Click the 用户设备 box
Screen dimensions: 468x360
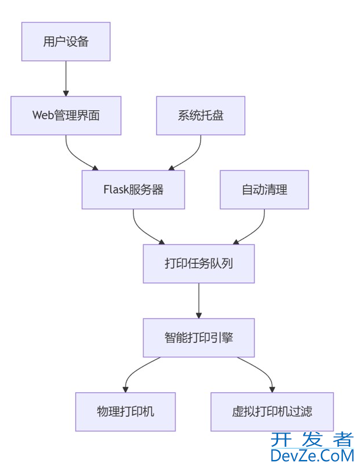(65, 41)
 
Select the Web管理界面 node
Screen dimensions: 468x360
(65, 115)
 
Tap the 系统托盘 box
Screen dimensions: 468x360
(201, 115)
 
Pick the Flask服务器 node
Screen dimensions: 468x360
(133, 189)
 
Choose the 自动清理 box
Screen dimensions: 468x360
(264, 189)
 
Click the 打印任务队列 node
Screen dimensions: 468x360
(198, 263)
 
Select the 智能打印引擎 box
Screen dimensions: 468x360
(198, 337)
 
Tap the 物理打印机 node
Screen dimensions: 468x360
(125, 411)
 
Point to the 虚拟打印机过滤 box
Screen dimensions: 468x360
(272, 411)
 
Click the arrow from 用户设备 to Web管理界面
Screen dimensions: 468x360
(65, 78)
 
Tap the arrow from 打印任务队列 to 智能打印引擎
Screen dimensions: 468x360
(198, 300)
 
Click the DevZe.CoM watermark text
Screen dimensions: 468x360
(312, 456)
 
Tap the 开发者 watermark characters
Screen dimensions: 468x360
(312, 440)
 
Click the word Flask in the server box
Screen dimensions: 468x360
(116, 190)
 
